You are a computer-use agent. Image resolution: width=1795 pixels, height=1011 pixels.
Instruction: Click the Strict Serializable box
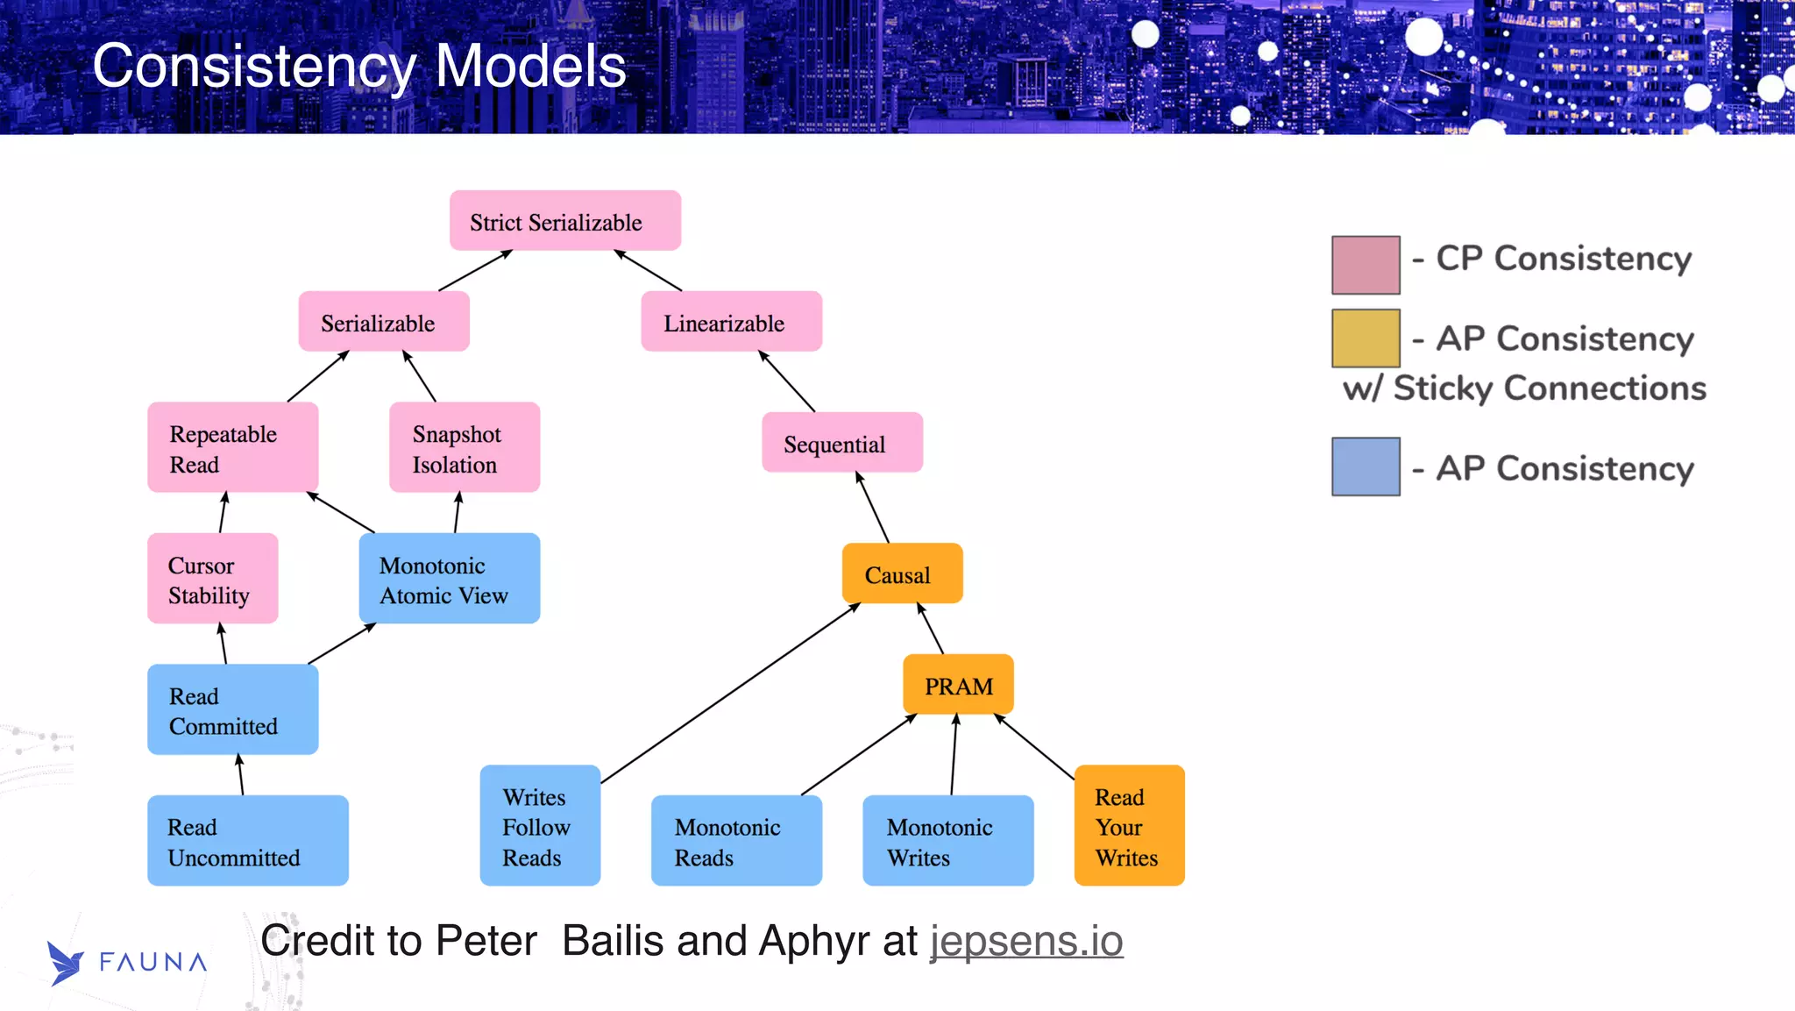(564, 221)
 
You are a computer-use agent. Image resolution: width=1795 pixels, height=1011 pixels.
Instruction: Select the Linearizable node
(731, 322)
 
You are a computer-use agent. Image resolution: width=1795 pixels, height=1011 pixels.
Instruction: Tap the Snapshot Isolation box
(464, 447)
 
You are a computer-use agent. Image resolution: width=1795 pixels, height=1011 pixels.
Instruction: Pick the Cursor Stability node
(212, 579)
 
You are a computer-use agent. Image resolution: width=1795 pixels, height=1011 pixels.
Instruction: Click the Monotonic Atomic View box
(449, 579)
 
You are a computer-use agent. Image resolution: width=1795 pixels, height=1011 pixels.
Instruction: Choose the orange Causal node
(902, 574)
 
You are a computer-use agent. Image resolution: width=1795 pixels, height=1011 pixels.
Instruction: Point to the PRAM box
(958, 685)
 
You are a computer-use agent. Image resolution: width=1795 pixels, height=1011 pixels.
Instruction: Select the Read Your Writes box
(1129, 825)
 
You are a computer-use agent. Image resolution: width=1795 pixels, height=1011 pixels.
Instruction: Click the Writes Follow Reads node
(540, 825)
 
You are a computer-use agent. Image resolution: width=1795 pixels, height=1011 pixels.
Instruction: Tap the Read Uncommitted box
(247, 841)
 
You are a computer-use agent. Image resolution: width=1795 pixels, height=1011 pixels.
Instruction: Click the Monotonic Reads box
(736, 841)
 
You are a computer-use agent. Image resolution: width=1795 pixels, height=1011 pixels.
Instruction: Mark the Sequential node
(841, 443)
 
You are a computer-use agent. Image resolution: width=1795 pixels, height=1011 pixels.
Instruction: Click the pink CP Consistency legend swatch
(1365, 265)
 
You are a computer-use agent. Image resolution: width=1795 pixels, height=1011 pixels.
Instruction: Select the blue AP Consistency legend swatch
(1365, 466)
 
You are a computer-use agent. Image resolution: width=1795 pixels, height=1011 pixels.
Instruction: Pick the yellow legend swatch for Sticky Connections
(1365, 338)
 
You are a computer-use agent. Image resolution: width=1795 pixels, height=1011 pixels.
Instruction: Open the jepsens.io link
(1026, 941)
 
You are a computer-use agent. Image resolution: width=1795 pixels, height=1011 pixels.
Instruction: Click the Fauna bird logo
(65, 963)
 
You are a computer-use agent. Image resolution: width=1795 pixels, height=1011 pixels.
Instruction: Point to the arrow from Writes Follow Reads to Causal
(729, 694)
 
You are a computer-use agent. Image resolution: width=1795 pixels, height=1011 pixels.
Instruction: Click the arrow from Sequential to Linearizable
(787, 381)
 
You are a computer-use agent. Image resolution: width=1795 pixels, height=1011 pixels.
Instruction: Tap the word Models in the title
(530, 67)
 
